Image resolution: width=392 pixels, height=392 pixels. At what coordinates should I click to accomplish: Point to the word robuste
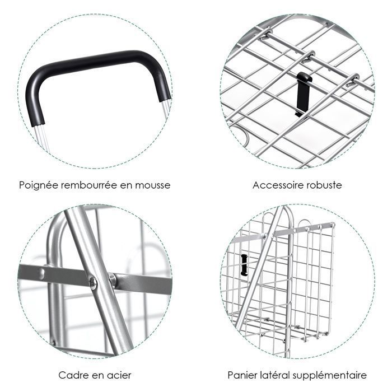coord(324,185)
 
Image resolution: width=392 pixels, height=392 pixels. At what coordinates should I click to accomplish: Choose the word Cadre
coord(73,375)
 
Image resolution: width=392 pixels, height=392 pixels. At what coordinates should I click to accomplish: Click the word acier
coord(119,375)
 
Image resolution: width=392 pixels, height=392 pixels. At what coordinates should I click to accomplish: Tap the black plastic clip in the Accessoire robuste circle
coord(303,94)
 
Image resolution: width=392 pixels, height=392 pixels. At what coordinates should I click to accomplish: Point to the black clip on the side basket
coord(244,265)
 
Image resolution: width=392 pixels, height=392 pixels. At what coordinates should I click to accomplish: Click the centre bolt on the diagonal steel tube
coord(93,283)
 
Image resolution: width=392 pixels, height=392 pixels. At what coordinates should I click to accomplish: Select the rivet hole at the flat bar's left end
coord(42,272)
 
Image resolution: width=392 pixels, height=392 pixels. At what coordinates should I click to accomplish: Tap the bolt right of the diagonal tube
coord(112,279)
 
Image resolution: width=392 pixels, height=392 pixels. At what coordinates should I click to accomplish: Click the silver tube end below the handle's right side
coord(165,108)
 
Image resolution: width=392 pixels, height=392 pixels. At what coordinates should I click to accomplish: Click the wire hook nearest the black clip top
coord(309,56)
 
